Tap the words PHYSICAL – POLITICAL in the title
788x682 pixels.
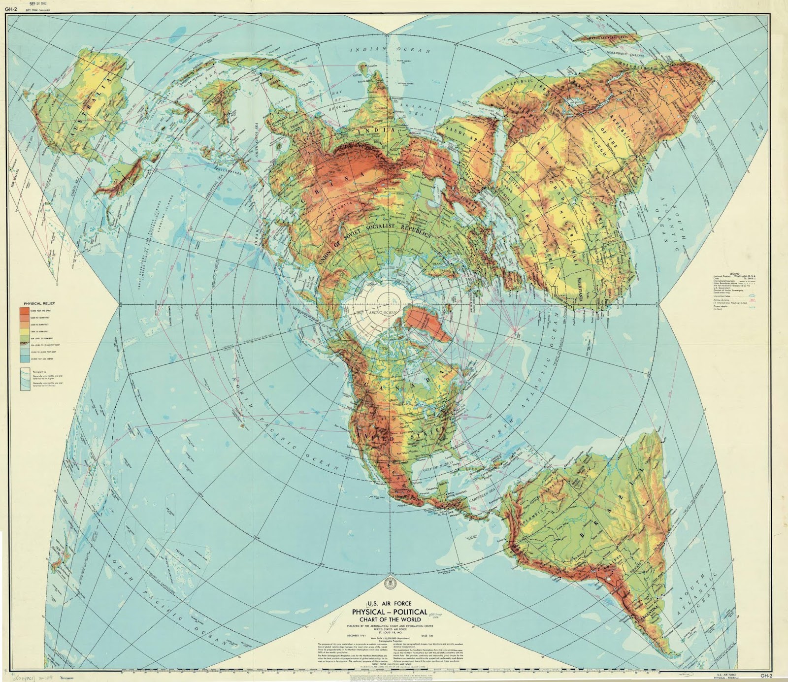tap(389, 612)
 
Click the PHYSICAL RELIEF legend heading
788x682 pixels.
tap(39, 304)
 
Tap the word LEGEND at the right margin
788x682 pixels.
tap(734, 273)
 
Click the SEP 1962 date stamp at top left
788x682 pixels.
tap(38, 3)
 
